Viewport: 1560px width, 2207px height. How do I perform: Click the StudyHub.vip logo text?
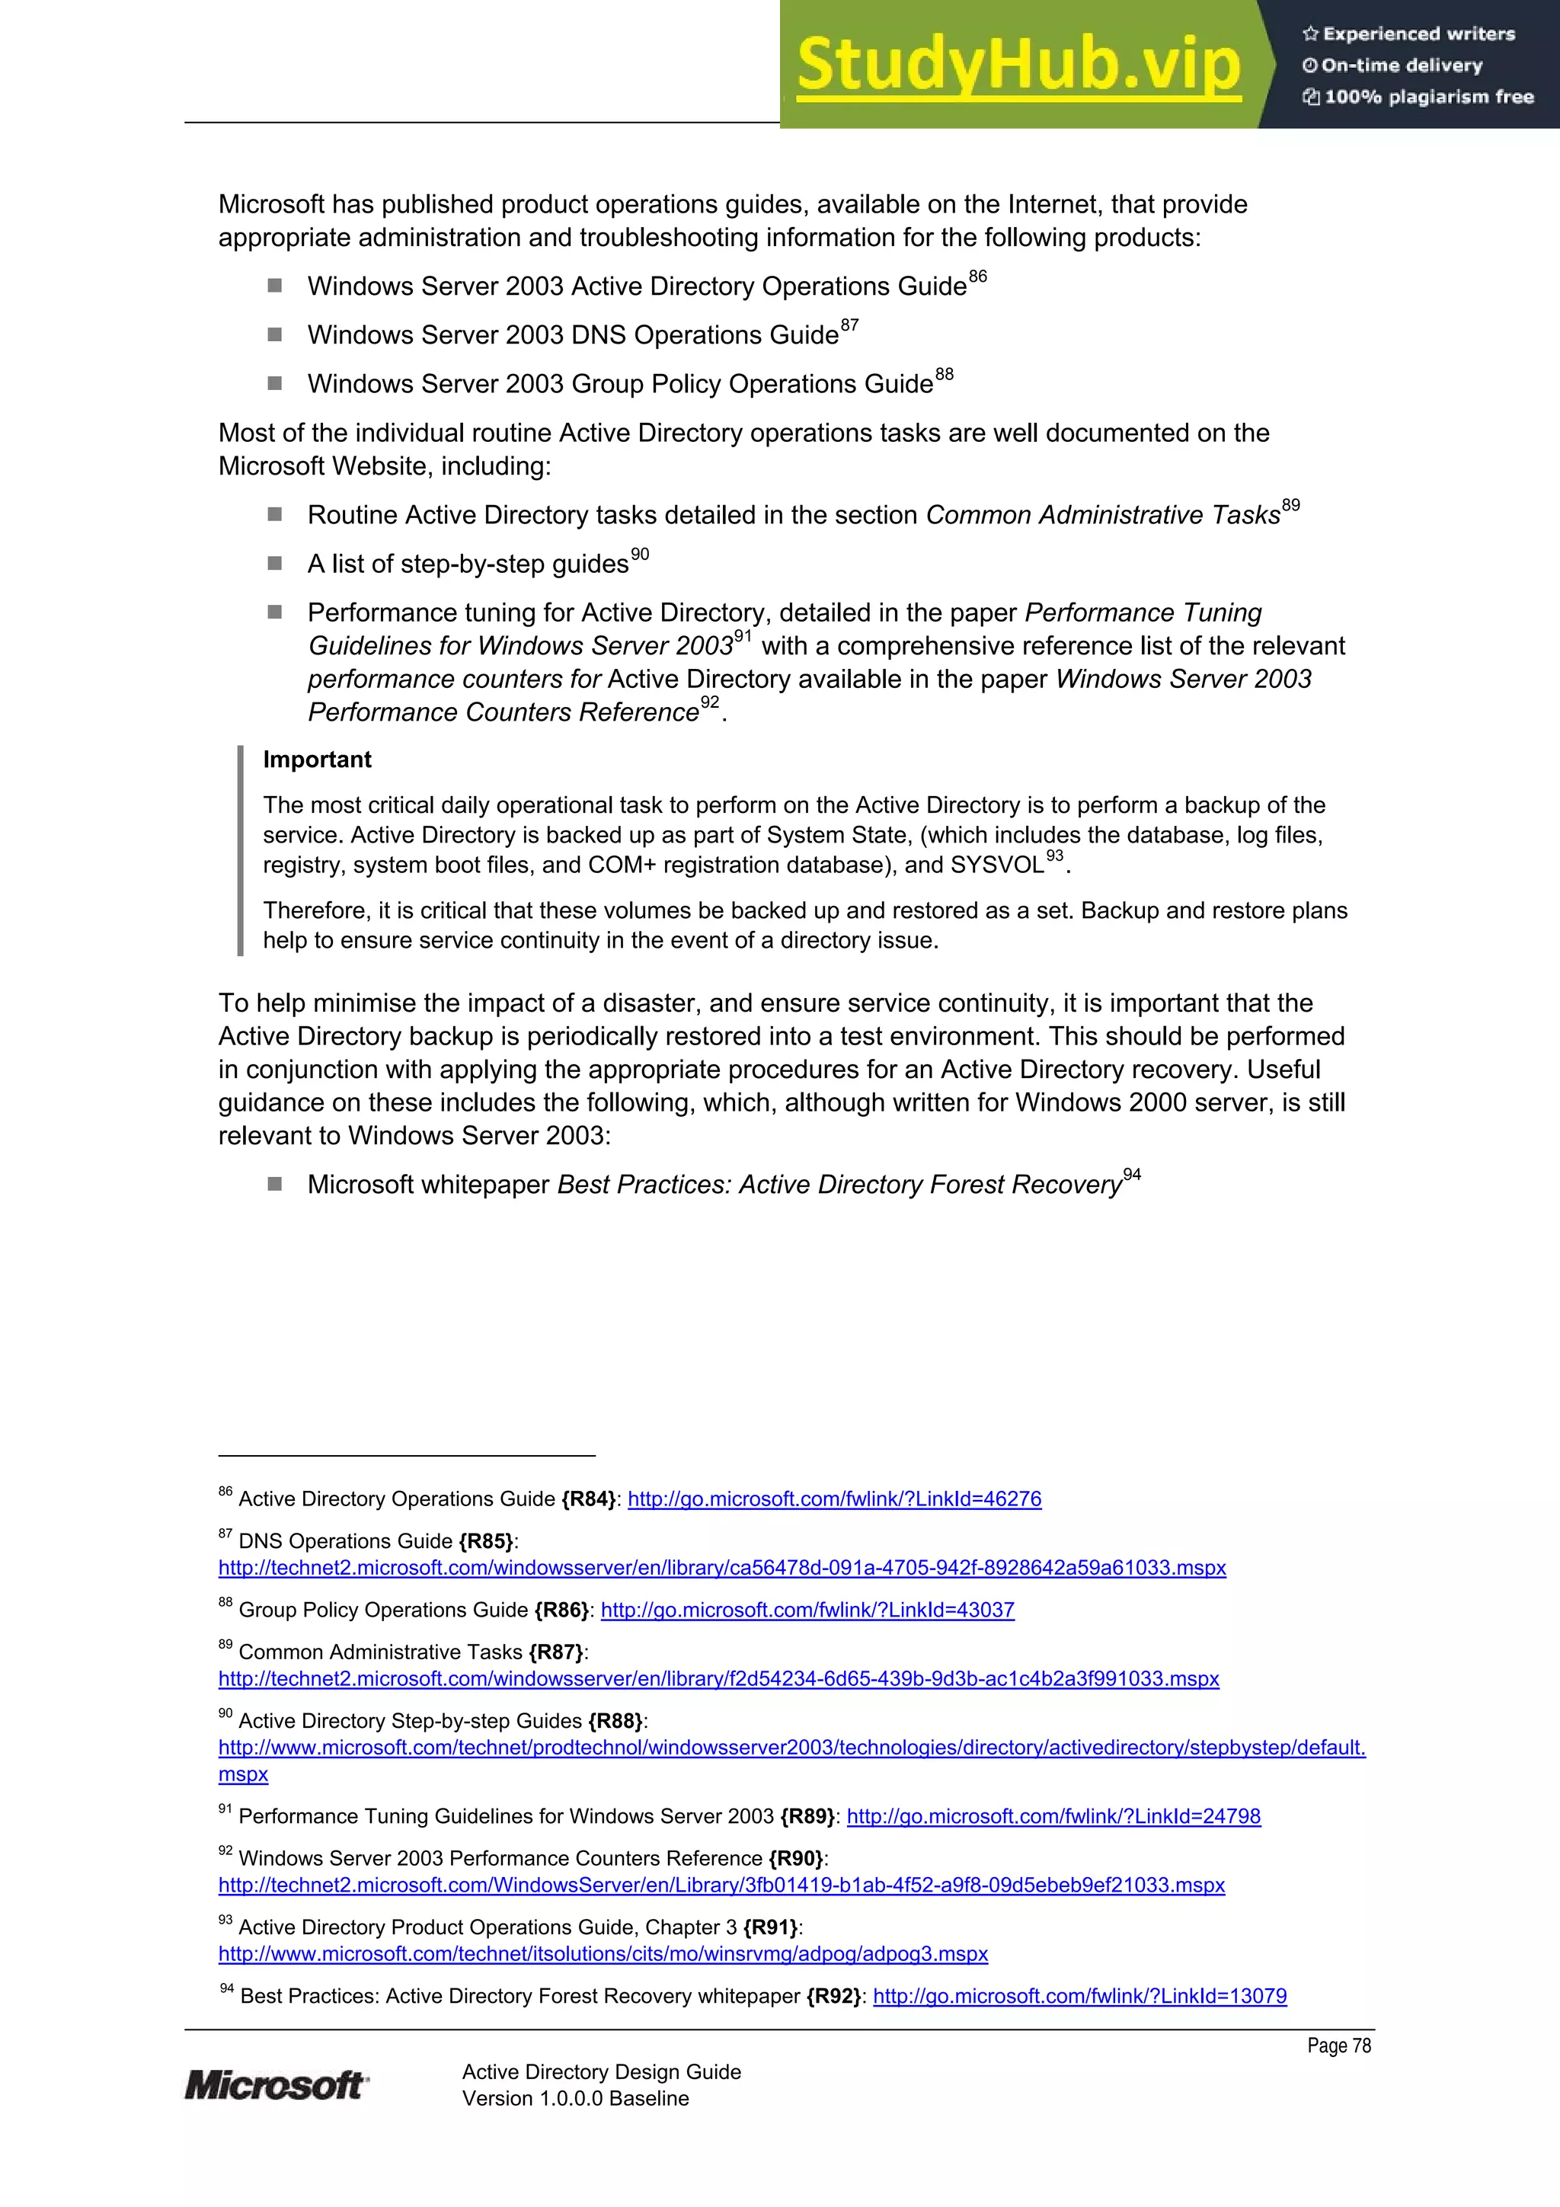point(1019,65)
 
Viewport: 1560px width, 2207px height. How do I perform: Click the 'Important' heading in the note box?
point(317,760)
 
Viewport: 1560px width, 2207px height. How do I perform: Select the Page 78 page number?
point(1338,2045)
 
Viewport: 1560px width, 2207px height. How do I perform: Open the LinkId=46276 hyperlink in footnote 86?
point(834,1499)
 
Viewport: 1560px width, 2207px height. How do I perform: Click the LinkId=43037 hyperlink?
point(807,1609)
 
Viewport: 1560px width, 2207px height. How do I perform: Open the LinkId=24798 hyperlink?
point(1053,1815)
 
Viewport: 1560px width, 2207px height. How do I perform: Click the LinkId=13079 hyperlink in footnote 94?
point(1079,1995)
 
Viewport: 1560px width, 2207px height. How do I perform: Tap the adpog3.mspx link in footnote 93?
point(603,1953)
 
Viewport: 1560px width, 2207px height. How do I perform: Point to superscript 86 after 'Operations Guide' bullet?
point(977,277)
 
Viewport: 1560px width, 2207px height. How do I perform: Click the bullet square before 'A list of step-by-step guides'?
point(275,563)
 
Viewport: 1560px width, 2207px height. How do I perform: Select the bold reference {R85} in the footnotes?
point(485,1541)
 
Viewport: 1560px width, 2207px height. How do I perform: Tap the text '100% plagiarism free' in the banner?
point(1428,96)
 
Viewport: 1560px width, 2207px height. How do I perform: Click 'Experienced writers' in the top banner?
point(1418,34)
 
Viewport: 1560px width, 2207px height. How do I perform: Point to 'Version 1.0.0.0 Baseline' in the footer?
point(575,2098)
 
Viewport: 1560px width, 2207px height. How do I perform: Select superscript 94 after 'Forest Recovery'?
point(1132,1175)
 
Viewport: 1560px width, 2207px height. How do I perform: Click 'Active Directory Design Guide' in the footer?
point(601,2071)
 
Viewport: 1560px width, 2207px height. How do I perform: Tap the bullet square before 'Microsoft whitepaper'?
point(275,1184)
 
